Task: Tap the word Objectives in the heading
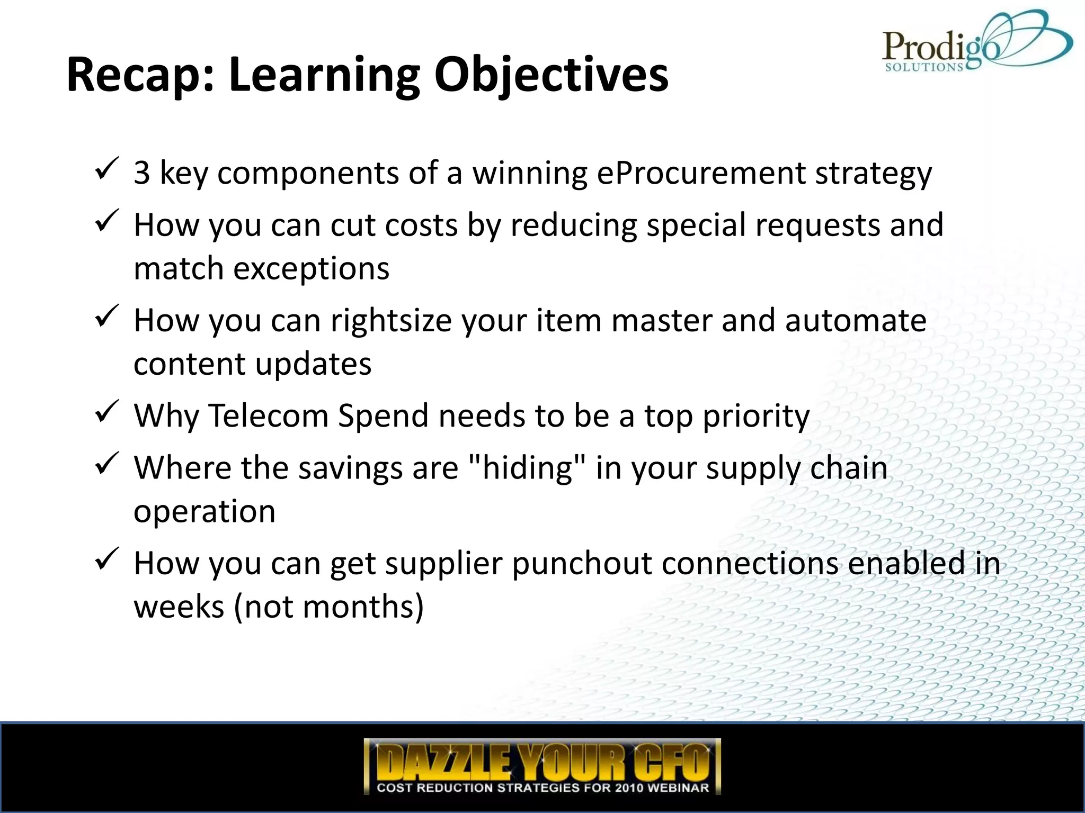(x=551, y=75)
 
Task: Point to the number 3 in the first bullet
(x=142, y=173)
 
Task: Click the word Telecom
(x=269, y=416)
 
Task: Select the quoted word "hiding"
(x=528, y=468)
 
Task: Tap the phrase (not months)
(x=328, y=607)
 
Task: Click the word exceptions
(x=312, y=269)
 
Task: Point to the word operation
(x=204, y=512)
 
